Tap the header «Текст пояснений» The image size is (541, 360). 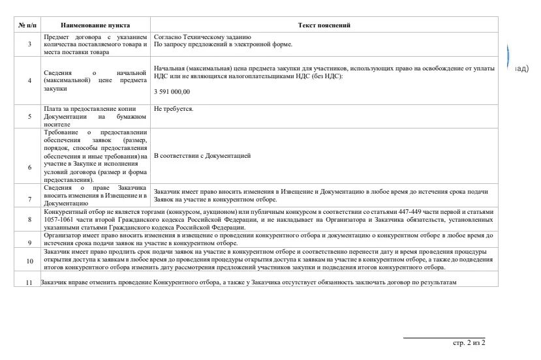click(324, 25)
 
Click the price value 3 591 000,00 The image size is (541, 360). click(172, 93)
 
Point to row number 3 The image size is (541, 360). click(29, 44)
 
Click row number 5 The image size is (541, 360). click(29, 116)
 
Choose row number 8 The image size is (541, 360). click(29, 219)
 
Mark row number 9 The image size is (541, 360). click(29, 242)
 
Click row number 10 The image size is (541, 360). click(29, 260)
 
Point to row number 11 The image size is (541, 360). click(28, 282)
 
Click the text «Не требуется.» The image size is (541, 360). click(174, 108)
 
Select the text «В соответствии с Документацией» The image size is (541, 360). click(202, 157)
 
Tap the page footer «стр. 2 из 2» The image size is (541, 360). click(469, 342)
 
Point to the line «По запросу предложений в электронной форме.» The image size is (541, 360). click(223, 44)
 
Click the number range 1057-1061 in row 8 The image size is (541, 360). click(58, 220)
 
